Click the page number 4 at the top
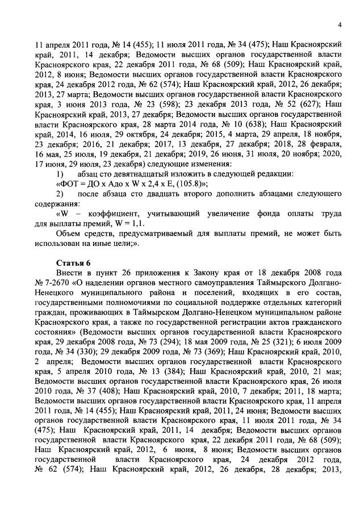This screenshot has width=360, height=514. [338, 24]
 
